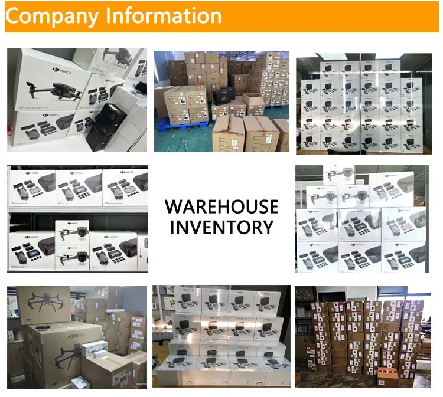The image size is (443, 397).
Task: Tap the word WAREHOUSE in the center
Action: pyautogui.click(x=221, y=206)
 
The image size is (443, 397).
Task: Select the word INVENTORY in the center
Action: pyautogui.click(x=221, y=227)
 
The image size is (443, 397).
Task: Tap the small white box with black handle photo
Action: pyautogui.click(x=94, y=350)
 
